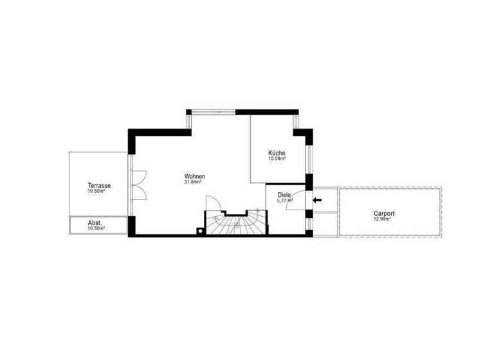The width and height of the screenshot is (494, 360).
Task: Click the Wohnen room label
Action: (194, 175)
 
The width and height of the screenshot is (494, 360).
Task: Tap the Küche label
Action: (277, 152)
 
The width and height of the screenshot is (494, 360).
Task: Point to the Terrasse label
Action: (100, 186)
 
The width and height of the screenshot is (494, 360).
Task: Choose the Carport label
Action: (383, 213)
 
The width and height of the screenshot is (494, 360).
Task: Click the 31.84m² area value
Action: (194, 181)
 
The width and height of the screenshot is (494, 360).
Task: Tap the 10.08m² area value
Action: (277, 158)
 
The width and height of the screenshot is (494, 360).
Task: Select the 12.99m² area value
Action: (383, 219)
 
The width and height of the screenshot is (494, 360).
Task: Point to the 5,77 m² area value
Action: (285, 201)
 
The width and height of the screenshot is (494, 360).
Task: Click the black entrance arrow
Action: (317, 200)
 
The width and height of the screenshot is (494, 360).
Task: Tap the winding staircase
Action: (235, 223)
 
